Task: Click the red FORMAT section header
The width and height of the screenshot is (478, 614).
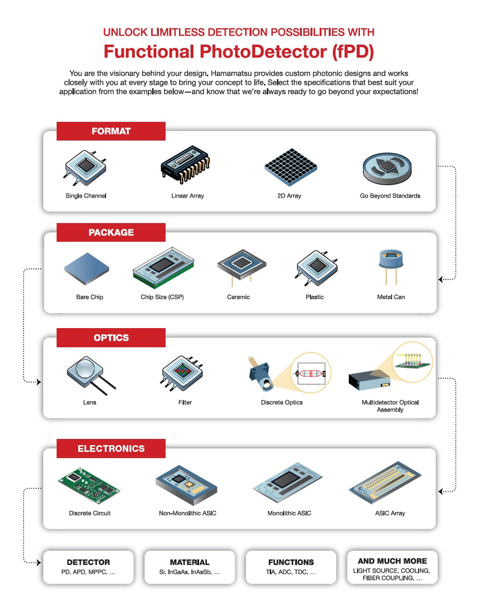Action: [111, 131]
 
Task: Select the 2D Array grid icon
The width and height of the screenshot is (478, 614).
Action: [290, 167]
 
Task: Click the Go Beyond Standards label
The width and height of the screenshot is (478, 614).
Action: [390, 196]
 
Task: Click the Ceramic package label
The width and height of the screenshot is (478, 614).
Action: [239, 297]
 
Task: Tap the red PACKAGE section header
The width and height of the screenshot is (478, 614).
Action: [111, 232]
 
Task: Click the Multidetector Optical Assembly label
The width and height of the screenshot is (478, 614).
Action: [390, 406]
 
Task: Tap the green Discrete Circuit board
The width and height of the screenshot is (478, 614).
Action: [89, 485]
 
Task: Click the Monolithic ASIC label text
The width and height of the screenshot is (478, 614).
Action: [289, 513]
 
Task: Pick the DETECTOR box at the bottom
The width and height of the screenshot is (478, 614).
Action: [88, 567]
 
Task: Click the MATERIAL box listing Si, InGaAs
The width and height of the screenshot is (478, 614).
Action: [190, 567]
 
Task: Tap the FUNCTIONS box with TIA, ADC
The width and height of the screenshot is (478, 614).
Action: [291, 567]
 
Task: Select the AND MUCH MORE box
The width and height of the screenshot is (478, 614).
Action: [392, 567]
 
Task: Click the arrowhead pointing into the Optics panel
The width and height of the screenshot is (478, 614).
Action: [39, 382]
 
